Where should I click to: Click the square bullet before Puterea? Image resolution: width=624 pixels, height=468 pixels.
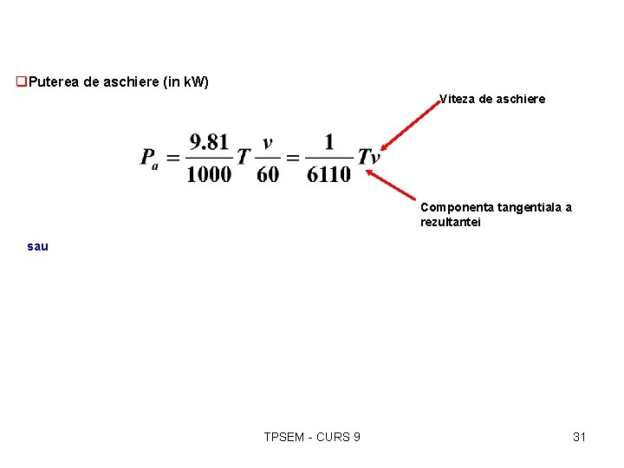coord(22,82)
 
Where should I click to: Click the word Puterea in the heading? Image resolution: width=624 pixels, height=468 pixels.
coord(52,82)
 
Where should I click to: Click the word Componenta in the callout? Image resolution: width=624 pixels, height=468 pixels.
coord(458,207)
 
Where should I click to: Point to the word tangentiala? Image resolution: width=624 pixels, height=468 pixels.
coord(532,207)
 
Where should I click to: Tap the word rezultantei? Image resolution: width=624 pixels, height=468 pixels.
coord(450,222)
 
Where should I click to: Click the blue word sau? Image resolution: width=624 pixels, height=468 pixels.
coord(38,246)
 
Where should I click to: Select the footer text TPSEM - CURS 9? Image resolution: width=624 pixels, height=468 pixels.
coord(312,437)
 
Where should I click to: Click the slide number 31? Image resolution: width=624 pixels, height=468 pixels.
coord(579,437)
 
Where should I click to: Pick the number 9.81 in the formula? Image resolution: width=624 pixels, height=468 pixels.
coord(210,141)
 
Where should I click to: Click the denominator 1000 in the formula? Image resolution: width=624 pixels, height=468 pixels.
coord(209,173)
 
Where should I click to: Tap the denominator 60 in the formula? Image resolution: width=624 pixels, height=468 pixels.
coord(268,173)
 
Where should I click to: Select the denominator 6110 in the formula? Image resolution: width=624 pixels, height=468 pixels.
coord(328,173)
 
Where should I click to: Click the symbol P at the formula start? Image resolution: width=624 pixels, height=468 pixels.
coord(148,158)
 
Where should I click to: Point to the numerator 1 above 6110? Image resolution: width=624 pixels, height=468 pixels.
coord(328,141)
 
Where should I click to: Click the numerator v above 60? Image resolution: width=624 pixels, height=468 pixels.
coord(268,142)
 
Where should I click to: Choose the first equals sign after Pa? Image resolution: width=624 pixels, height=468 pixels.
coord(172,158)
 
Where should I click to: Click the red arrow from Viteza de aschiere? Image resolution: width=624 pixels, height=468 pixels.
coord(412,127)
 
